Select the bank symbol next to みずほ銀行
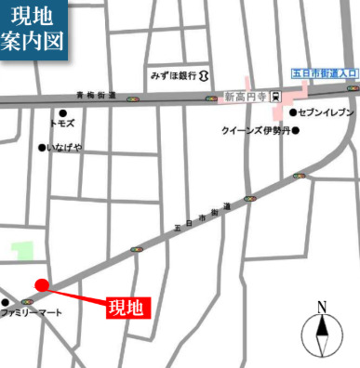click(x=203, y=74)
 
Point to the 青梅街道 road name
click(x=97, y=94)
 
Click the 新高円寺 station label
click(x=246, y=96)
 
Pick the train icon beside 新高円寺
click(x=275, y=96)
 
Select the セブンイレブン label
click(x=325, y=112)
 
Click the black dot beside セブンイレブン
click(x=292, y=112)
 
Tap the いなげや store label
click(x=65, y=147)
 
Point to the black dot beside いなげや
click(x=41, y=147)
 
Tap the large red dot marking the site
click(x=41, y=285)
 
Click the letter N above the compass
click(x=322, y=308)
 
